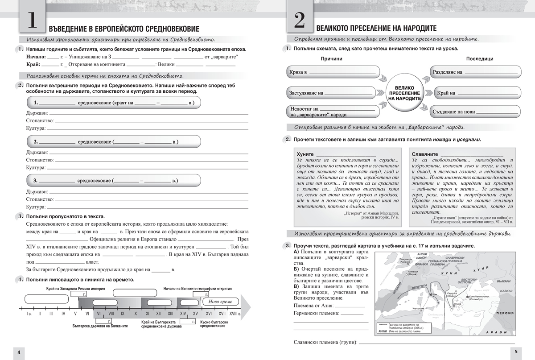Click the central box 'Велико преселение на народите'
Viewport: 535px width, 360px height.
[405, 94]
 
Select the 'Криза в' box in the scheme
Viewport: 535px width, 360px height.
[332, 72]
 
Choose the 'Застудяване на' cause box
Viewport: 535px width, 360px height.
[332, 93]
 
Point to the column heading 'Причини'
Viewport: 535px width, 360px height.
[331, 59]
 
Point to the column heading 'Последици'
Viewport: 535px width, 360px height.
[480, 59]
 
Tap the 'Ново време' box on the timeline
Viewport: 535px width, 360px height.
[220, 302]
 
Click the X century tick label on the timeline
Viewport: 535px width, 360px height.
[135, 314]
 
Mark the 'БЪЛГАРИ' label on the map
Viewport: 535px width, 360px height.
[502, 281]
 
